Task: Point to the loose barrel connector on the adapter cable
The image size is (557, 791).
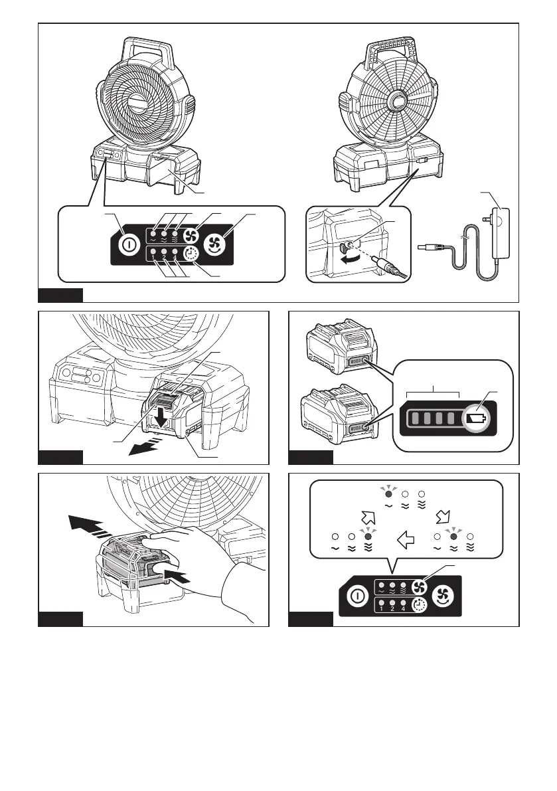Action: pyautogui.click(x=428, y=248)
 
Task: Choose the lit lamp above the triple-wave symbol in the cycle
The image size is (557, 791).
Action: pyautogui.click(x=367, y=535)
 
